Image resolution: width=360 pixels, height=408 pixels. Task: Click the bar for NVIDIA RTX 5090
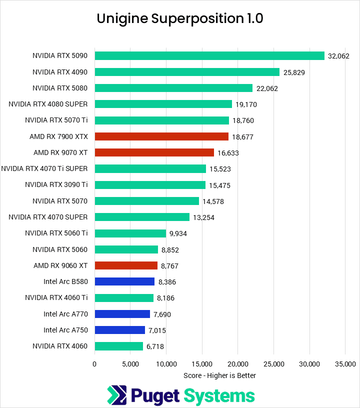pyautogui.click(x=209, y=56)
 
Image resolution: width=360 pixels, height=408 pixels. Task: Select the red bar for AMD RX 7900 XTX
pyautogui.click(x=161, y=136)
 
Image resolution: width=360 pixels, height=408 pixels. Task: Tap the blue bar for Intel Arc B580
pyautogui.click(x=124, y=282)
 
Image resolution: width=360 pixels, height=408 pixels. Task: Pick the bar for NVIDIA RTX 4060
pyautogui.click(x=118, y=346)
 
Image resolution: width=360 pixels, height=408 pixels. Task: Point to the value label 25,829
pyautogui.click(x=294, y=72)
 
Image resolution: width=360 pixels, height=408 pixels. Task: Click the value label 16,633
pyautogui.click(x=228, y=153)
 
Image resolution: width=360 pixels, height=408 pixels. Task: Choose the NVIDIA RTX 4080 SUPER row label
pyautogui.click(x=48, y=104)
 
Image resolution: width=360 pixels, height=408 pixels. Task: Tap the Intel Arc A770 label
pyautogui.click(x=65, y=314)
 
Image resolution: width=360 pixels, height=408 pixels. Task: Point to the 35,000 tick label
pyautogui.click(x=345, y=364)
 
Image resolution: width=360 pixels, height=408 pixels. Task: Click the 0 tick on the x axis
pyautogui.click(x=94, y=364)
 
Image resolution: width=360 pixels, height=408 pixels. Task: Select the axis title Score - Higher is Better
pyautogui.click(x=220, y=375)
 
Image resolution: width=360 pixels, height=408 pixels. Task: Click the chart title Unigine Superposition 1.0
pyautogui.click(x=180, y=18)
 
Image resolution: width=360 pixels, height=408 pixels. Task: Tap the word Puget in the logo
pyautogui.click(x=155, y=396)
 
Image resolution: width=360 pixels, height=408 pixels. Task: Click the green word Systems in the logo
pyautogui.click(x=218, y=396)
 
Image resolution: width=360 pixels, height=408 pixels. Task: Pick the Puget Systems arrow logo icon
pyautogui.click(x=117, y=395)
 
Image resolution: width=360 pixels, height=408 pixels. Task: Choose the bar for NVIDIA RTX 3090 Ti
pyautogui.click(x=150, y=185)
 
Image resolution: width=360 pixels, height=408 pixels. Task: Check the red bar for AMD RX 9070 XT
pyautogui.click(x=154, y=152)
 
